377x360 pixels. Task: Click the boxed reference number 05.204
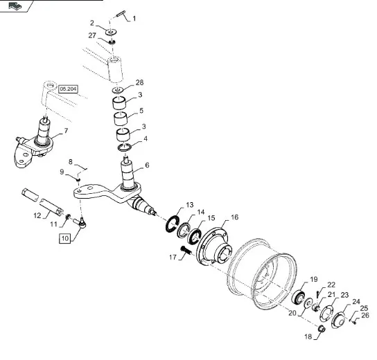(69, 89)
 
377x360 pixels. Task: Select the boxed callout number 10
(65, 238)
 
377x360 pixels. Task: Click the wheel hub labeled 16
(214, 246)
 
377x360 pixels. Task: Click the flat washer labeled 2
(111, 32)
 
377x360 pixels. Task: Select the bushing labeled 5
(121, 118)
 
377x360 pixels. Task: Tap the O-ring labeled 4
(125, 147)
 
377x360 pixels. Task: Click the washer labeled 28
(118, 90)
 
